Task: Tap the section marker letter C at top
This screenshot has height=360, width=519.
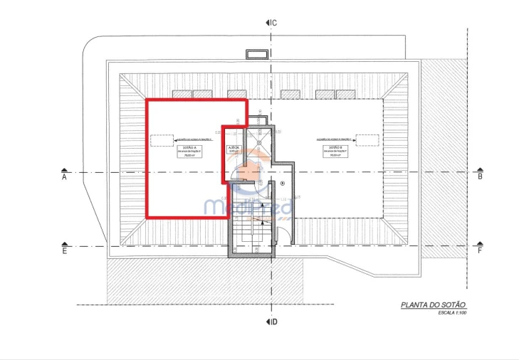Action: (x=273, y=23)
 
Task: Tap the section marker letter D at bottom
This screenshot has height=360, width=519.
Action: (x=273, y=323)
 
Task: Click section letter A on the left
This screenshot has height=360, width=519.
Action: (x=64, y=178)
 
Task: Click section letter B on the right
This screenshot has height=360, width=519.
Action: (x=480, y=176)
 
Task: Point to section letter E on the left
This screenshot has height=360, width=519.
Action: (x=64, y=251)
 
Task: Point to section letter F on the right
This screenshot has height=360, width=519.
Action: (x=480, y=250)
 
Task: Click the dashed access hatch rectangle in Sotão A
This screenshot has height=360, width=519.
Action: (x=162, y=140)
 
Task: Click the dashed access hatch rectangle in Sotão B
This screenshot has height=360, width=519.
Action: (x=367, y=139)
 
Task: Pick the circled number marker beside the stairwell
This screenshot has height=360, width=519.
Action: (x=283, y=184)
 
